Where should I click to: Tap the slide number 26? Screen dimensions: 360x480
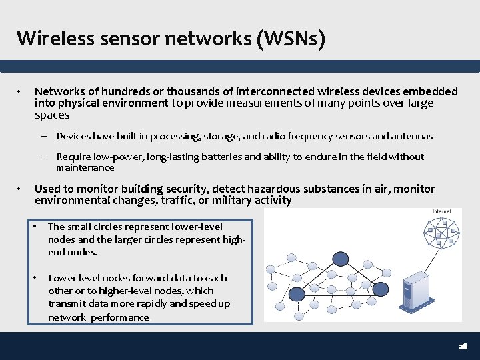463,347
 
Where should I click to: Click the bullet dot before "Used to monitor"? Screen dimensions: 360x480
21,189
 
